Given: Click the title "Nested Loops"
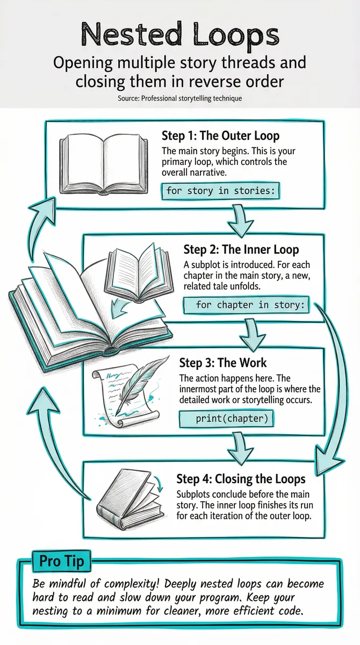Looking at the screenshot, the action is coord(181,34).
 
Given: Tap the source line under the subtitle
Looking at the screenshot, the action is coord(180,98).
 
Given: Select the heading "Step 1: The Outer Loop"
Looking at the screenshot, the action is coord(220,135).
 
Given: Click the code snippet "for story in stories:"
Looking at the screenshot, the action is coord(220,191).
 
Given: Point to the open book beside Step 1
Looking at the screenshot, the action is coord(104,163).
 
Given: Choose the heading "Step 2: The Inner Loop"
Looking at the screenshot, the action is coord(241,249).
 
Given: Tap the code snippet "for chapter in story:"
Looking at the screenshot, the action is coord(246,305).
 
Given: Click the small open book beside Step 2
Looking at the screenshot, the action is coord(139,271).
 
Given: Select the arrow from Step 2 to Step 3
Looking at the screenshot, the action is coord(253,334).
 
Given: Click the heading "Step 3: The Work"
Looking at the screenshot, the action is coord(223,363).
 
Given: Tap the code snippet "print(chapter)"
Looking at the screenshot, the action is coord(226,419).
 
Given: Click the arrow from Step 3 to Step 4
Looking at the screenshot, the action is coord(240,448).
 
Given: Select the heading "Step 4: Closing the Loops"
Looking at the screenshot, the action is coord(241,479).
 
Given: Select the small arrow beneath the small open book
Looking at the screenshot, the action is coord(121,307).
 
